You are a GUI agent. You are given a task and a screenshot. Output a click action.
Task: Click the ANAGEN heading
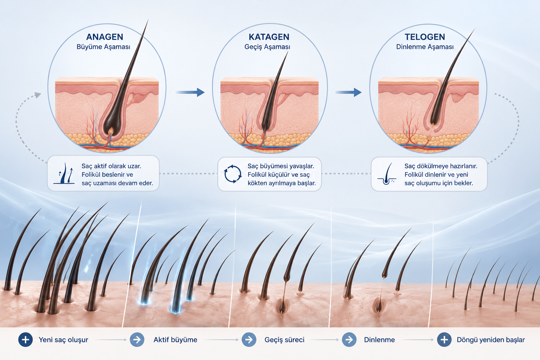click(105, 37)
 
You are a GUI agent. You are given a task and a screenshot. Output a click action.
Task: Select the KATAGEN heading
click(269, 37)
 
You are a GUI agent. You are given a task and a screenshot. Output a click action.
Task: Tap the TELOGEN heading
click(425, 37)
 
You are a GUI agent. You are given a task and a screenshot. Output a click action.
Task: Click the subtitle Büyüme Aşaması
click(103, 47)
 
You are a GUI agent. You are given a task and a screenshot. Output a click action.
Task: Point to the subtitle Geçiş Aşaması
click(267, 47)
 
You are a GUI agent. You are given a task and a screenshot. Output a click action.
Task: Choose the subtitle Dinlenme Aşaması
click(425, 47)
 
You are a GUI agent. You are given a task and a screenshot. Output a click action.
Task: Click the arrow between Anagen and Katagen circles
click(190, 92)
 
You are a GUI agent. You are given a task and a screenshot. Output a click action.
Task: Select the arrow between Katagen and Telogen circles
click(348, 92)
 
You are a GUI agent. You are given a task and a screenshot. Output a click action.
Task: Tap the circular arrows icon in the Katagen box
click(233, 174)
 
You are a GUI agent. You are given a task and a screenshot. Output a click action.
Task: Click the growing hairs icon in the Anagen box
click(64, 174)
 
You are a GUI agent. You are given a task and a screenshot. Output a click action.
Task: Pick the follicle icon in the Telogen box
click(387, 174)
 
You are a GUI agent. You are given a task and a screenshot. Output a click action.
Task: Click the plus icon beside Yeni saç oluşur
click(26, 340)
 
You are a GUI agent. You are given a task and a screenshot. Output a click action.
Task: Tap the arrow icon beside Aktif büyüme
click(137, 340)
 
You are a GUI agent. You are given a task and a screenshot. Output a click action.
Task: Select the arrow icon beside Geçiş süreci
click(249, 340)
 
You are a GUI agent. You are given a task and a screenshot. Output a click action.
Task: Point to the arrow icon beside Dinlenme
click(349, 340)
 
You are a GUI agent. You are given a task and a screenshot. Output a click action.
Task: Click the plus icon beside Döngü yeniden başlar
click(444, 340)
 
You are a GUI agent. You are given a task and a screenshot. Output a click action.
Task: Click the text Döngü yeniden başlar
click(490, 340)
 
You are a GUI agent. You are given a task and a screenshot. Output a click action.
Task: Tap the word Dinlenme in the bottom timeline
click(379, 340)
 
